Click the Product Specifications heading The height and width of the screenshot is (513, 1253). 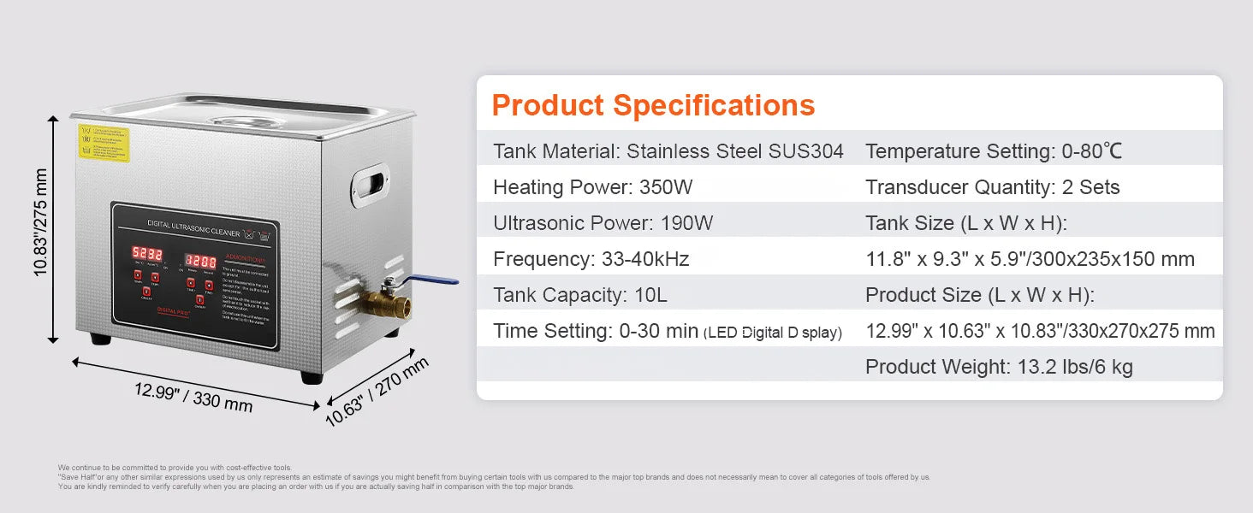click(653, 105)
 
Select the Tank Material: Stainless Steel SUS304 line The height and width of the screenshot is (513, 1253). click(668, 151)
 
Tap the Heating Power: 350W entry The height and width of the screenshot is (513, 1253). click(592, 187)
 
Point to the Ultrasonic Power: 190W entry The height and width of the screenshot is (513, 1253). click(603, 223)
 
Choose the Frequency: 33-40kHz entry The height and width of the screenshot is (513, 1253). click(591, 259)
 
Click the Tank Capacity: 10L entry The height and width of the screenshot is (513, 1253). click(579, 295)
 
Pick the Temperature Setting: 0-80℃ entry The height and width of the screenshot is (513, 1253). click(993, 151)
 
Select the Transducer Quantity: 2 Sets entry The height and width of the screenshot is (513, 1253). click(992, 187)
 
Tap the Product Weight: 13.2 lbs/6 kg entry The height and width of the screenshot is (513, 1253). click(999, 367)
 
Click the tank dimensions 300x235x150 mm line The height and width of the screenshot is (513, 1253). click(1030, 259)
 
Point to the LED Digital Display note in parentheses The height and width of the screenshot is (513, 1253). click(772, 333)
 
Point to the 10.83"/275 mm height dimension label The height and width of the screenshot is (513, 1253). click(40, 221)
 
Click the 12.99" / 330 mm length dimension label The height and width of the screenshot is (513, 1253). click(193, 396)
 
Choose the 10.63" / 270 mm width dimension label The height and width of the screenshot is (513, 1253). click(377, 390)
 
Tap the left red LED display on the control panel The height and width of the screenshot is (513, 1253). click(145, 254)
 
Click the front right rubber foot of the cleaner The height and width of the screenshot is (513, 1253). click(312, 376)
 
